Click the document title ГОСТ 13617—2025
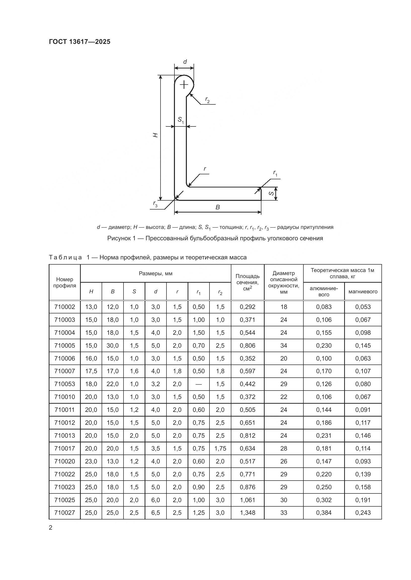point(80,42)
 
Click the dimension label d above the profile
point(185,62)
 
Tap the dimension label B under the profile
point(218,207)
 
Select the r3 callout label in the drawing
point(155,204)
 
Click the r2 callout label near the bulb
point(207,100)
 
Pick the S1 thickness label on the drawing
point(181,120)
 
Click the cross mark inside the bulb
point(184,84)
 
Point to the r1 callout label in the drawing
point(275,173)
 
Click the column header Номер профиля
point(65,282)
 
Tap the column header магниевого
point(363,292)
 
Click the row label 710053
point(65,384)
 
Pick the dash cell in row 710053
point(199,384)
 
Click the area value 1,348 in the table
point(247,513)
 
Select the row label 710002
point(65,307)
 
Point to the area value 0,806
point(247,345)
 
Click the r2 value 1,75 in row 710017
point(220,448)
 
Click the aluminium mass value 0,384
point(324,513)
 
